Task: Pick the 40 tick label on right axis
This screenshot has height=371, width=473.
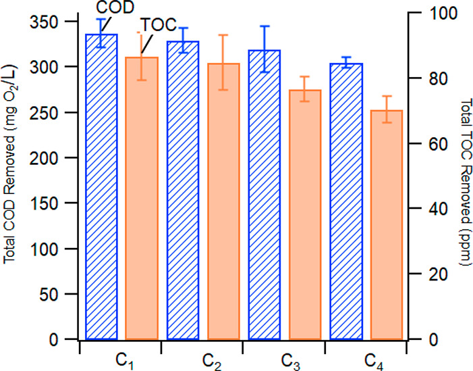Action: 425,209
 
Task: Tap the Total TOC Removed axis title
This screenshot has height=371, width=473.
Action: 464,182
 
